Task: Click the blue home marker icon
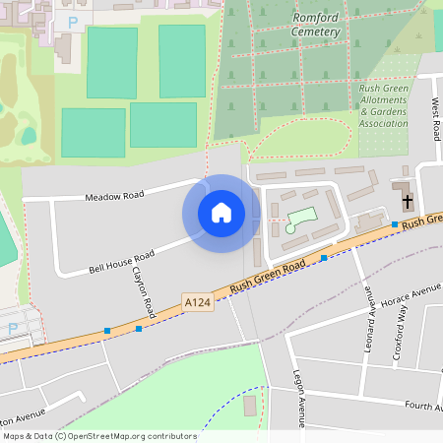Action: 221,213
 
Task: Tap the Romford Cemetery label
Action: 316,25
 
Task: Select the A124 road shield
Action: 197,303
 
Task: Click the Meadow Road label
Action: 114,195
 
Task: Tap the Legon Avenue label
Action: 298,394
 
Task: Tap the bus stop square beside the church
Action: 395,224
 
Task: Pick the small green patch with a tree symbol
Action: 301,220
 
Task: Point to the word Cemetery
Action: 316,32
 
